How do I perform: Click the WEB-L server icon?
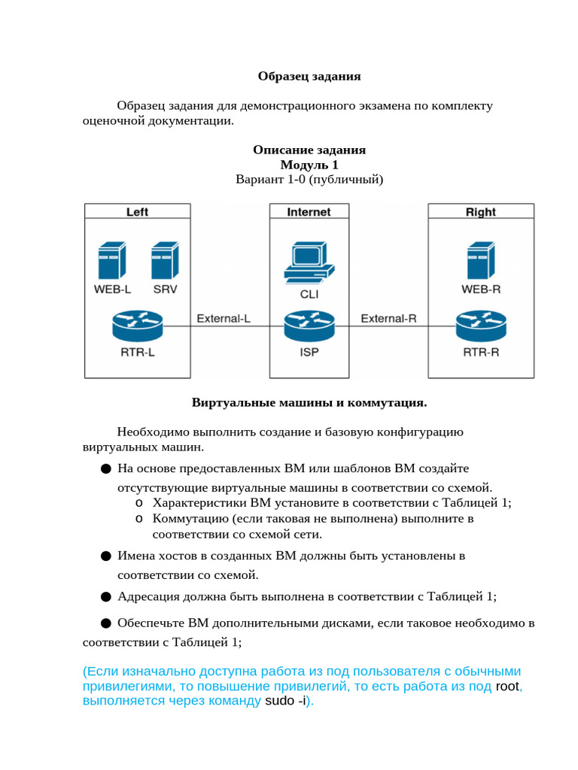point(112,260)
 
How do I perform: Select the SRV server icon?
point(165,260)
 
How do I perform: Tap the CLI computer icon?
point(309,262)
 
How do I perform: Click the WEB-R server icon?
point(481,260)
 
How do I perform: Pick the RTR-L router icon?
point(138,326)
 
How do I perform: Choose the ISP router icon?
point(309,326)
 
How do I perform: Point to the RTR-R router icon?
point(481,326)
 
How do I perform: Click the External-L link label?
point(224,319)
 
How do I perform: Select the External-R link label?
point(389,319)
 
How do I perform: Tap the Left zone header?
point(137,211)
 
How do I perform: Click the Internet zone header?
point(309,211)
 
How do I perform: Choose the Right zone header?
point(481,211)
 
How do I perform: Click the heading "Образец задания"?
point(309,76)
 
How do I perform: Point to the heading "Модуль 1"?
point(309,165)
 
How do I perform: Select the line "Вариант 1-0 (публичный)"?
point(309,179)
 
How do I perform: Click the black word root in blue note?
point(507,686)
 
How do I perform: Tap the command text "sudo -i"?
point(285,700)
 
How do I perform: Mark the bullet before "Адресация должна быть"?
point(105,596)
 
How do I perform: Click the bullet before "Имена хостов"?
point(105,556)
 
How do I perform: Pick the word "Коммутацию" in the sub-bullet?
point(190,519)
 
